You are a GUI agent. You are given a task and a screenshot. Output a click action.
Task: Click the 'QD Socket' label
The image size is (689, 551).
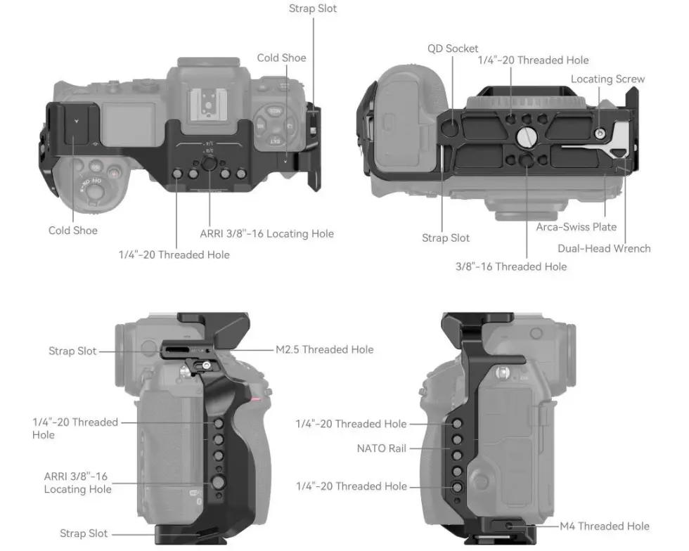453,48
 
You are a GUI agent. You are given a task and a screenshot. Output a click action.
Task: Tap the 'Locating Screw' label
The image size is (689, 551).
607,79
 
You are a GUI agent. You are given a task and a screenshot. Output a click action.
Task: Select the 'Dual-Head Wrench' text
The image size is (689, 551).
604,248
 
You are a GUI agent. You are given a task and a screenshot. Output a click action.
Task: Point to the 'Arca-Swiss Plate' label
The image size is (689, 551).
576,227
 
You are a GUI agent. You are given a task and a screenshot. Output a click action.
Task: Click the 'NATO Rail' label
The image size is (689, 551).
381,448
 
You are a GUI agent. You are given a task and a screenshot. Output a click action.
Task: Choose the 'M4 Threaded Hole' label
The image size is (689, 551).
604,526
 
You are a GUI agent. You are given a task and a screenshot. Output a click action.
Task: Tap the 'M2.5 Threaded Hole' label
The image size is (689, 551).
323,349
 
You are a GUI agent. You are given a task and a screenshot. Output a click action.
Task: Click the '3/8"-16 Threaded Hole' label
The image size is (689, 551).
510,266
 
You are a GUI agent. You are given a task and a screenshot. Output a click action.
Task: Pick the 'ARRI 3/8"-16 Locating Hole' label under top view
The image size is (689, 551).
266,233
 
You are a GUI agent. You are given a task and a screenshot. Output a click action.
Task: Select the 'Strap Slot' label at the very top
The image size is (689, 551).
313,8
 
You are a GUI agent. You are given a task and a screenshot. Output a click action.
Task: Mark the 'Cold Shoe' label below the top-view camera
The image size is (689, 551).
73,231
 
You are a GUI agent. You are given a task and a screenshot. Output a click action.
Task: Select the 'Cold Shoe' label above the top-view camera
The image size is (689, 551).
281,58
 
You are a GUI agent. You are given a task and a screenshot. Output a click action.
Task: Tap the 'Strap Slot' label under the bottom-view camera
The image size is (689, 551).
446,238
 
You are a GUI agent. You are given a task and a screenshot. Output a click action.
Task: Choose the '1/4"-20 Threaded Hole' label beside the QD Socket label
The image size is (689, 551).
533,60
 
